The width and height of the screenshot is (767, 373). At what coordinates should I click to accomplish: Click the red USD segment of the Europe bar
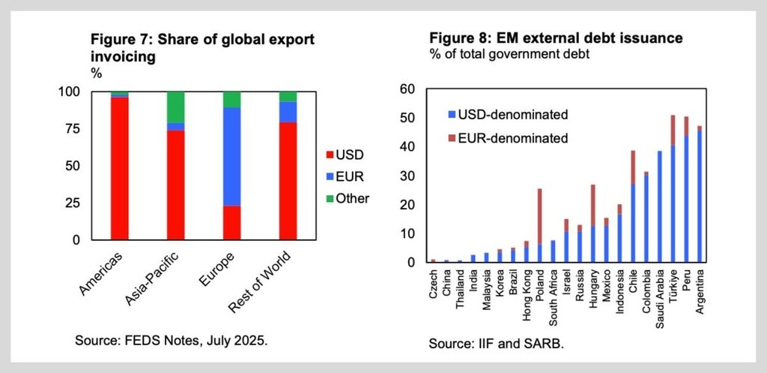pyautogui.click(x=232, y=223)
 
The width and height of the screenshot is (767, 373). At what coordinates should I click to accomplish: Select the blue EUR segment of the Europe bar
pyautogui.click(x=232, y=156)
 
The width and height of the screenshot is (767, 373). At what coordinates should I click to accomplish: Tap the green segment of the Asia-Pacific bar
pyautogui.click(x=175, y=107)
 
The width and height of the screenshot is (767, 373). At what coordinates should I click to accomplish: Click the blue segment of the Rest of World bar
pyautogui.click(x=288, y=112)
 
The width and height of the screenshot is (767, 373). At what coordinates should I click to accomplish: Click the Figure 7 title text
pyautogui.click(x=202, y=48)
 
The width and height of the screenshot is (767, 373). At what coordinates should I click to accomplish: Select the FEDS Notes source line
pyautogui.click(x=172, y=340)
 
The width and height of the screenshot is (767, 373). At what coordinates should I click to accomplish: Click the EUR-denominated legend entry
pyautogui.click(x=507, y=139)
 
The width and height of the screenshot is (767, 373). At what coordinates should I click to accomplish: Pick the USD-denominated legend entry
pyautogui.click(x=507, y=115)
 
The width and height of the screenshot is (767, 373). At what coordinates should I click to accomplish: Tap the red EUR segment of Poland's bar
pyautogui.click(x=539, y=216)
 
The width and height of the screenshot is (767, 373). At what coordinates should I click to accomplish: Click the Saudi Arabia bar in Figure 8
pyautogui.click(x=660, y=206)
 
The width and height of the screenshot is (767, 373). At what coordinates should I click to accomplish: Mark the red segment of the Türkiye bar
pyautogui.click(x=673, y=131)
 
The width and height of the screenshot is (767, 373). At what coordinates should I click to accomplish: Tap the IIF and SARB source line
pyautogui.click(x=497, y=344)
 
